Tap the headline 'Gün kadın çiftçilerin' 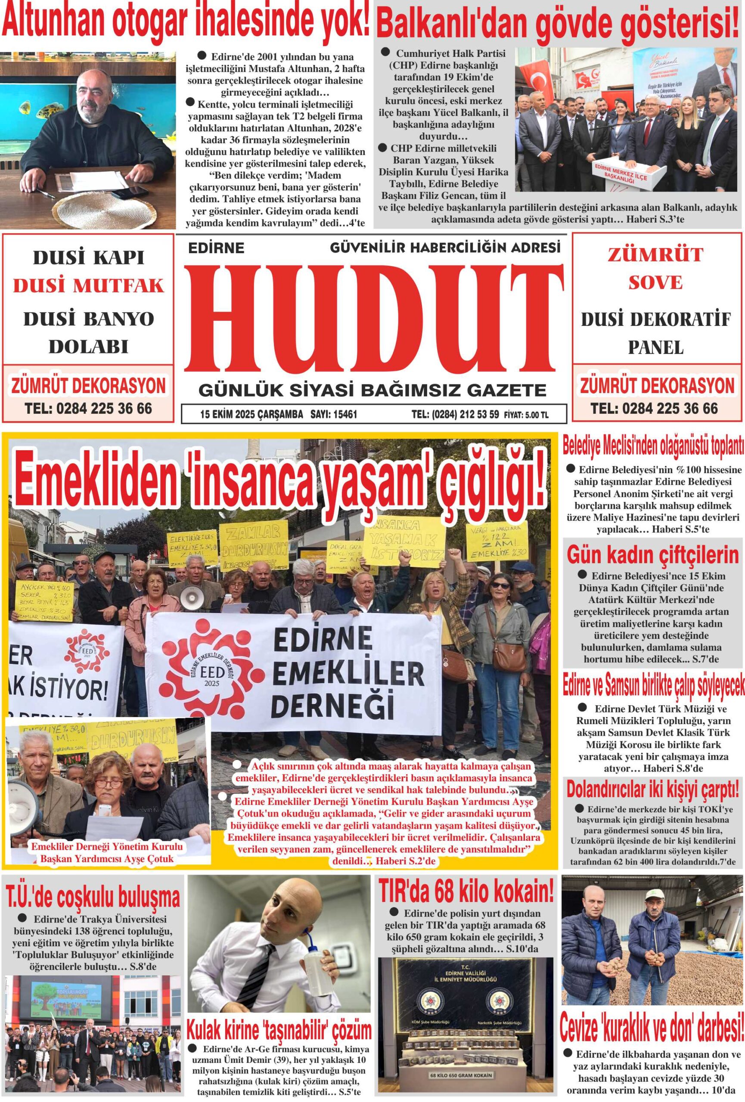click(x=652, y=555)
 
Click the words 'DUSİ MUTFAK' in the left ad click(x=88, y=286)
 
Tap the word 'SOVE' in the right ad click(x=655, y=283)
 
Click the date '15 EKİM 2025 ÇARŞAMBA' click(x=251, y=415)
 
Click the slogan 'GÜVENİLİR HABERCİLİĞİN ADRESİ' click(x=445, y=247)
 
